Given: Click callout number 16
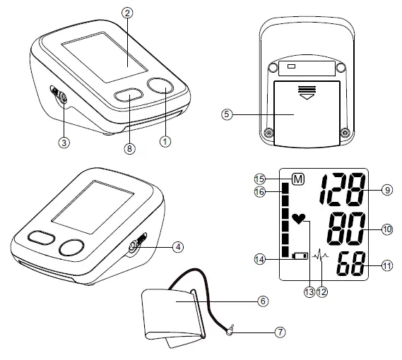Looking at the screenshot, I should coord(260,191).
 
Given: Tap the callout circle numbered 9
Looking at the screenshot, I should coord(388,189).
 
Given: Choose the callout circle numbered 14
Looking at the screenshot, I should coord(260,259).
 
